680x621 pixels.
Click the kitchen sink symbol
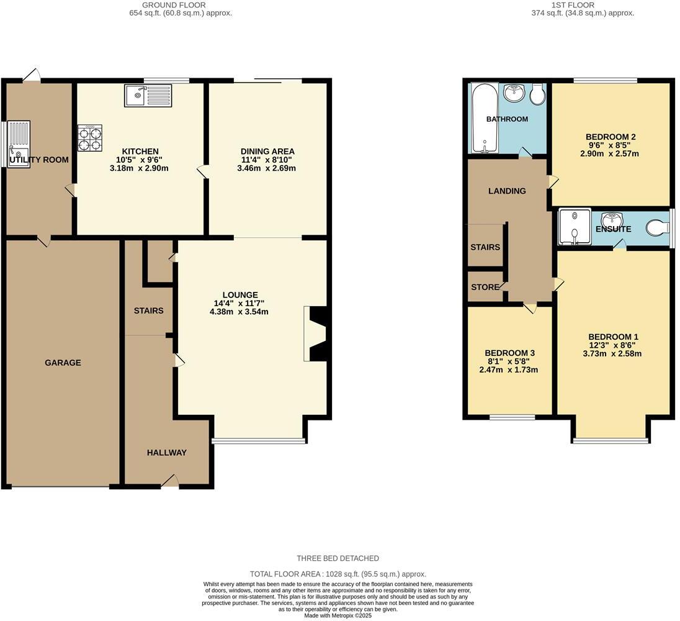tap(148, 96)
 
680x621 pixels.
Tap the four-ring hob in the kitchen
tap(90, 138)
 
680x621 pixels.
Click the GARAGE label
tap(62, 363)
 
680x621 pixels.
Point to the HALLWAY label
tap(166, 453)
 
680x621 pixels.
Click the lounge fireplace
tap(316, 333)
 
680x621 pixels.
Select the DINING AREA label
tap(267, 152)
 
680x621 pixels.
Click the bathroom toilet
tap(537, 94)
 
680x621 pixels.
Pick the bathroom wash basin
tap(514, 94)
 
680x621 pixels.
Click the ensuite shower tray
tap(574, 228)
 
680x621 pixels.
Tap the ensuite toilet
tap(658, 229)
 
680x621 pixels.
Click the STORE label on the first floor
tap(485, 288)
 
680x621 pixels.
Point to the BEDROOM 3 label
tap(509, 353)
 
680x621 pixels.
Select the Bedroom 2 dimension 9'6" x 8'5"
tap(611, 145)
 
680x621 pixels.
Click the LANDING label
tap(507, 191)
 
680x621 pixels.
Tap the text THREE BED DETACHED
tap(338, 558)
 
